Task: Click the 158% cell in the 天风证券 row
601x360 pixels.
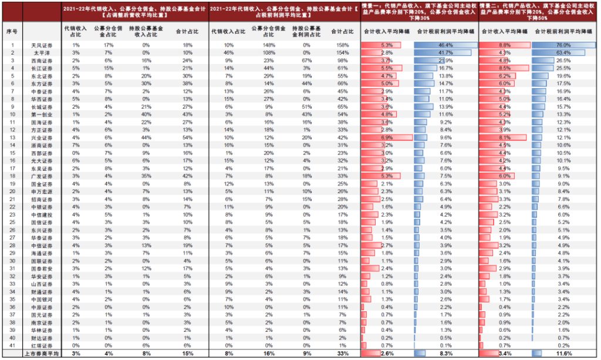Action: pos(343,45)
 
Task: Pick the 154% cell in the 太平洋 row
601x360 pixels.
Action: pos(343,53)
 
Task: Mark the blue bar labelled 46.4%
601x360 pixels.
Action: pos(444,45)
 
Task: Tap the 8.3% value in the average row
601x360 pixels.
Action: pos(446,354)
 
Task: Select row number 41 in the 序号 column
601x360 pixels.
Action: pos(12,346)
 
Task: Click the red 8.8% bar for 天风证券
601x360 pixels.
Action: pos(505,45)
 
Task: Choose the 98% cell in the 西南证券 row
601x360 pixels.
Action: pos(343,60)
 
